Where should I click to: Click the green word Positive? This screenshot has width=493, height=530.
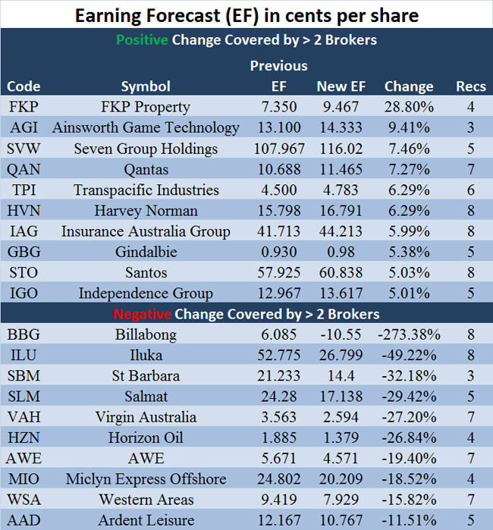[x=141, y=39]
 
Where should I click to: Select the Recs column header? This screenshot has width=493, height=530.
[x=471, y=86]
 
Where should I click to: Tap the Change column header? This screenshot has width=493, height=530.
[x=409, y=86]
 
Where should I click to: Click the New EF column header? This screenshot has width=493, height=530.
[x=341, y=86]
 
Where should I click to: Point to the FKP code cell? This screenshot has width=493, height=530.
[x=24, y=107]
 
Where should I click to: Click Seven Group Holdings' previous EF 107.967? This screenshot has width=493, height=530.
[x=278, y=149]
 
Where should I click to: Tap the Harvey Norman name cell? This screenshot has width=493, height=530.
[x=146, y=211]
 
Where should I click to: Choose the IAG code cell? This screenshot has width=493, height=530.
[x=24, y=231]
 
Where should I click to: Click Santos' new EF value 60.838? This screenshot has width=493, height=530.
[x=342, y=272]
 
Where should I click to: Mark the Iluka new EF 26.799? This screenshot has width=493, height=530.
[x=342, y=355]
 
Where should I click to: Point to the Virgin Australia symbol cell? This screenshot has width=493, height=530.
[x=146, y=417]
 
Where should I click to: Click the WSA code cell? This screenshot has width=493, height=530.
[x=24, y=500]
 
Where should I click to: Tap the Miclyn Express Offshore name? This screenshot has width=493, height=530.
[x=146, y=479]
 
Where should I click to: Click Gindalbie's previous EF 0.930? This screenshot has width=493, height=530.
[x=278, y=252]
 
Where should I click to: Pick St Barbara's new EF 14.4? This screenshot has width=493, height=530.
[x=342, y=375]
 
